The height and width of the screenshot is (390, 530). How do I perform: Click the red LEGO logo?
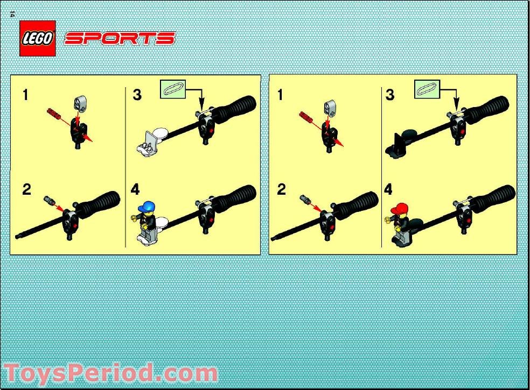point(38,39)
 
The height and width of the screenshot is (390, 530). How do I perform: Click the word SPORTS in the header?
point(120,39)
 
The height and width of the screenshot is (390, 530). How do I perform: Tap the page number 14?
point(12,14)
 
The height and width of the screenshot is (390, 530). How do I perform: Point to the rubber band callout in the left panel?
point(173,89)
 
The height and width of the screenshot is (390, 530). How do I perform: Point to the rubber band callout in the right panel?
point(427,89)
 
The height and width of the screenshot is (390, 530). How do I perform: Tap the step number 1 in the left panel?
point(25,95)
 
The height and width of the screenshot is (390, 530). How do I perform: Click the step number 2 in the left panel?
point(26,189)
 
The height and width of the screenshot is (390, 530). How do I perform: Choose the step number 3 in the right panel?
point(390,95)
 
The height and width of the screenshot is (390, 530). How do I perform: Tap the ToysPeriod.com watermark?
point(110,374)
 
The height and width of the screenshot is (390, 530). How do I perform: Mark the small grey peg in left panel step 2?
point(49,201)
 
